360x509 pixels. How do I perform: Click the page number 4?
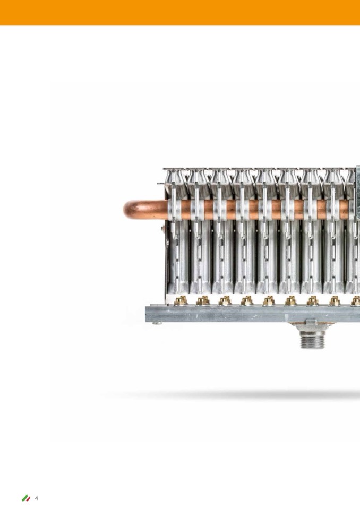point(36,498)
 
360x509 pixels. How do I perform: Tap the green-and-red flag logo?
point(26,498)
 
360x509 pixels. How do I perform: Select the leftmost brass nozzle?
point(181,300)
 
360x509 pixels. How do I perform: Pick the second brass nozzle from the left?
point(203,300)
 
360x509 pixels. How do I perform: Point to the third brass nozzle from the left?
point(225,300)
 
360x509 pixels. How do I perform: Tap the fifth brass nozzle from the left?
point(269,300)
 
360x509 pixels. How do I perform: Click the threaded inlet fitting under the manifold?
point(312,340)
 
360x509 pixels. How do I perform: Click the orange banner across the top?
point(180,13)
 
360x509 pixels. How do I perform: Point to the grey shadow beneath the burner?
point(234,395)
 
